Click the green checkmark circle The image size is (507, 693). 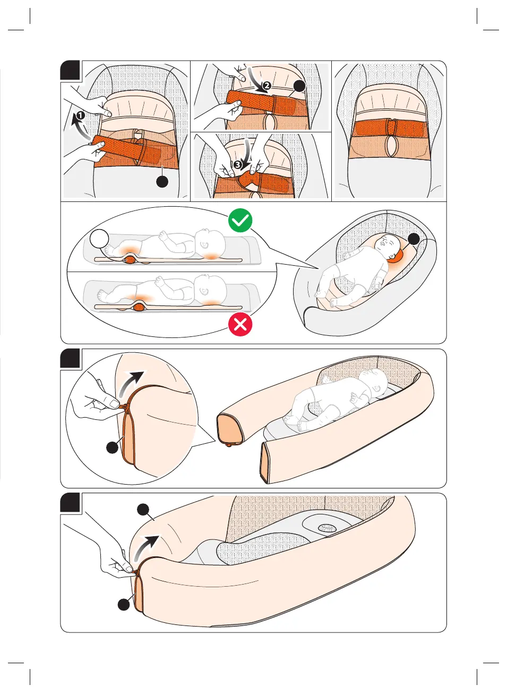point(240,220)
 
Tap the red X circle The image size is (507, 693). point(240,325)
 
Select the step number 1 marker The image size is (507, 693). point(80,116)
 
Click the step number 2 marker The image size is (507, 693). point(267,86)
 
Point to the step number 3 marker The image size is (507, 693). point(238,165)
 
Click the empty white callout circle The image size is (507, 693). point(99,239)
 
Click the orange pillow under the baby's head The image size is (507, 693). point(397,256)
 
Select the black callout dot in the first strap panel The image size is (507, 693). point(162,181)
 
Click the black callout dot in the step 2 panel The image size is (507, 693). point(299,86)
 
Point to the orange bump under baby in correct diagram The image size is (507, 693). point(130,260)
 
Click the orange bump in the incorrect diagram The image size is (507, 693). point(139,307)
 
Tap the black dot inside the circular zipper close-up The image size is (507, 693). point(112,447)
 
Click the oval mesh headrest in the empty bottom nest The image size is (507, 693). point(327,528)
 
